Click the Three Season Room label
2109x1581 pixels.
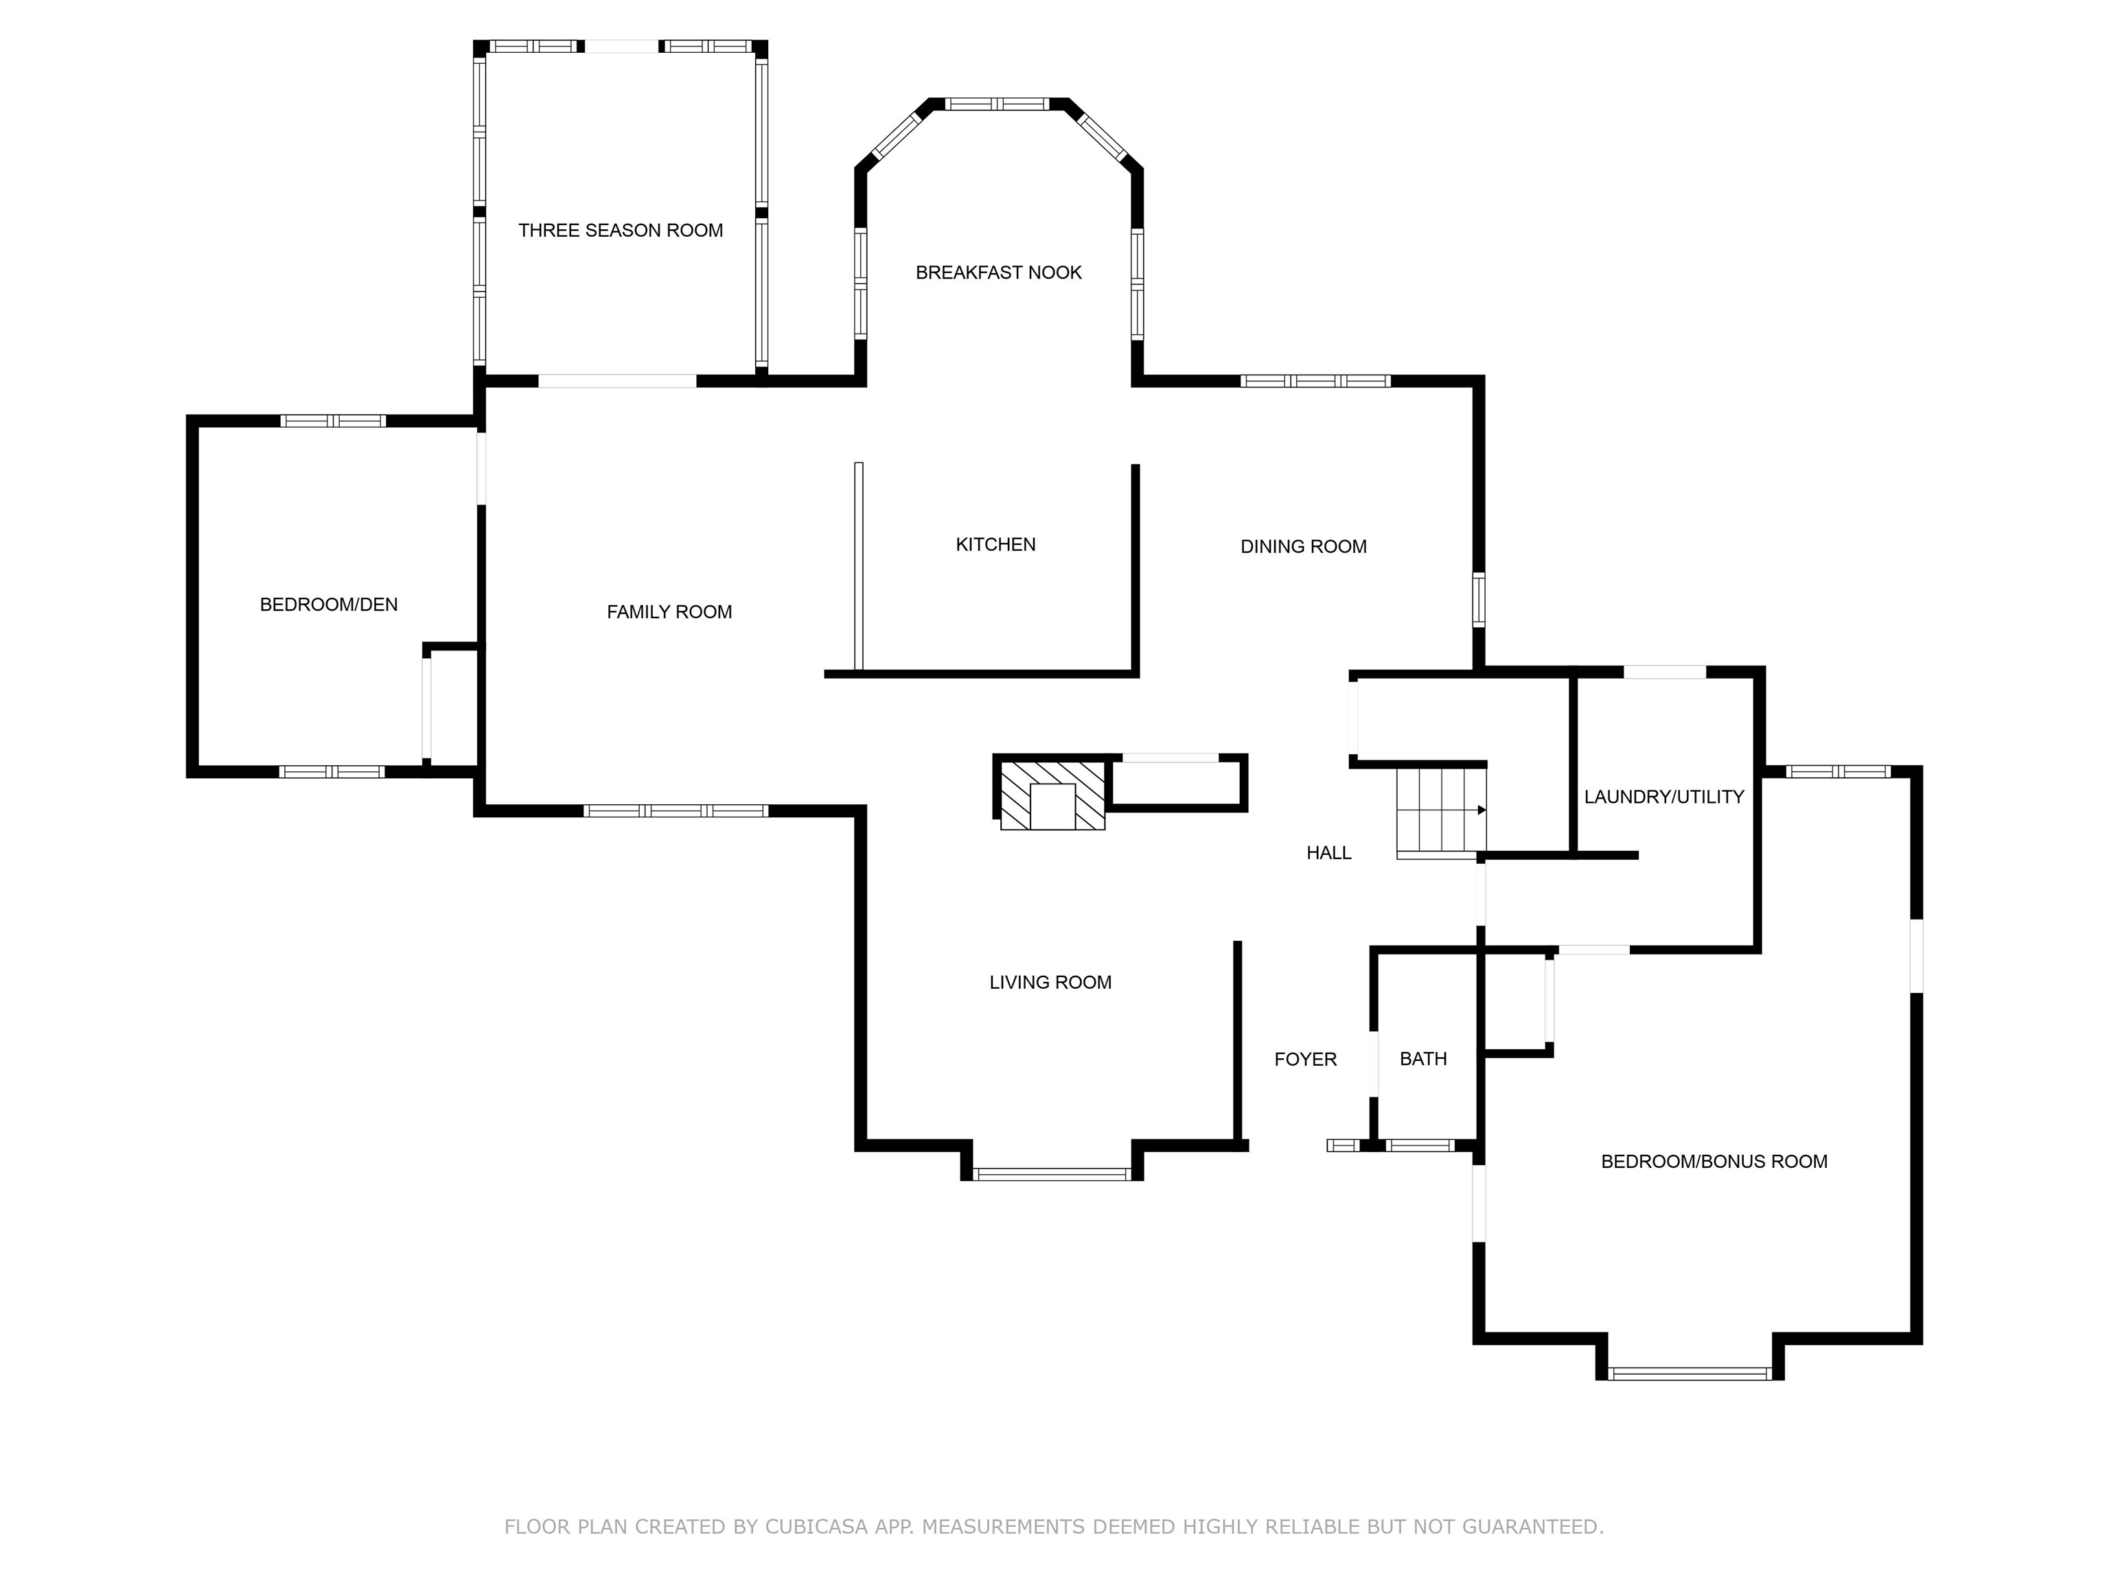(x=620, y=231)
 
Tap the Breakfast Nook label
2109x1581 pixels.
(x=998, y=272)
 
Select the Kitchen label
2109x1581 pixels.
(x=995, y=544)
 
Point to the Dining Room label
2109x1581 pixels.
(x=1303, y=546)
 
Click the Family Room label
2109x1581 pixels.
(x=669, y=612)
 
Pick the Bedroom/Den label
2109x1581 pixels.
(x=329, y=604)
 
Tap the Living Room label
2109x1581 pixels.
(x=1050, y=983)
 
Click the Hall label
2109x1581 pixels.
(x=1328, y=853)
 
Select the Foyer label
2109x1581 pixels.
(x=1305, y=1059)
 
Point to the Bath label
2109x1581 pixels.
(x=1422, y=1059)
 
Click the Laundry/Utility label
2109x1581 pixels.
(x=1663, y=797)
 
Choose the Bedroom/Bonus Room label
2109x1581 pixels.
(x=1714, y=1162)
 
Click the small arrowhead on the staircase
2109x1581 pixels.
(x=1482, y=810)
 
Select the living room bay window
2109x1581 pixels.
(x=1052, y=1174)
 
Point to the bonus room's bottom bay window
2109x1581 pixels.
(x=1690, y=1373)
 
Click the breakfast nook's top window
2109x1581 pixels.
(x=998, y=104)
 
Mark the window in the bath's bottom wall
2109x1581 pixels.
(x=1420, y=1145)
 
